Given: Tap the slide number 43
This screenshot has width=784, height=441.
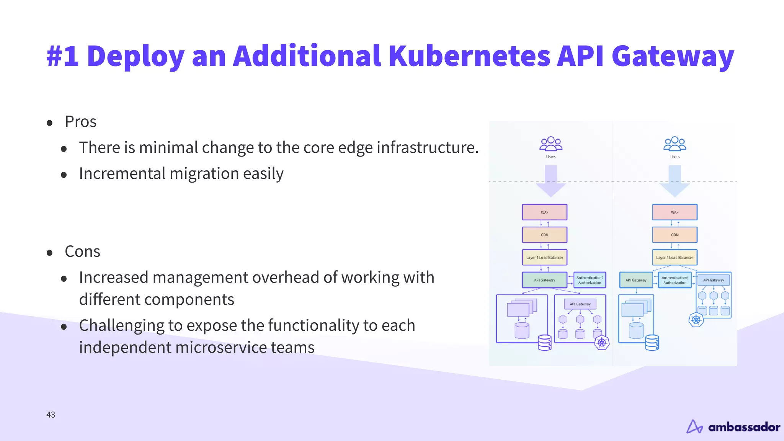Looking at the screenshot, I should point(51,415).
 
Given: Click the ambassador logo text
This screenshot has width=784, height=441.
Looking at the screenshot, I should point(744,427).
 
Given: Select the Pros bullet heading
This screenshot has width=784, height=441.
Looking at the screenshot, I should point(80,122).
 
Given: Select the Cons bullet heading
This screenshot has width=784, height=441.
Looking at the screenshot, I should point(82,252).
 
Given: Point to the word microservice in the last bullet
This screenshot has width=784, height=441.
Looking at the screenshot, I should point(221,347).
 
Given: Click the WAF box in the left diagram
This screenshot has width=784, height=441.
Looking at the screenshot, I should point(544,212).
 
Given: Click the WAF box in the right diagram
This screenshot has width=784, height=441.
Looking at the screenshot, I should point(675,212).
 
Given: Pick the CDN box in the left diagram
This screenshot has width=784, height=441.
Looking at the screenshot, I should point(544,235).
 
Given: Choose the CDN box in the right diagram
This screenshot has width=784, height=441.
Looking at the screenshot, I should point(675,235).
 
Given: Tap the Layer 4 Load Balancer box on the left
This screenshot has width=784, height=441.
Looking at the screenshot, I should point(544,257).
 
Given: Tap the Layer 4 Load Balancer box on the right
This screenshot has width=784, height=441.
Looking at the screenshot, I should point(675,257).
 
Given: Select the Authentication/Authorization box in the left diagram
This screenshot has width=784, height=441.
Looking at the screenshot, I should point(590,280).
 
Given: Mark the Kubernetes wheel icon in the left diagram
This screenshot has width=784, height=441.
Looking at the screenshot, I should point(602,342).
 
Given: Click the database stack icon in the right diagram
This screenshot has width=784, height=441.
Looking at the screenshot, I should point(652,343).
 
